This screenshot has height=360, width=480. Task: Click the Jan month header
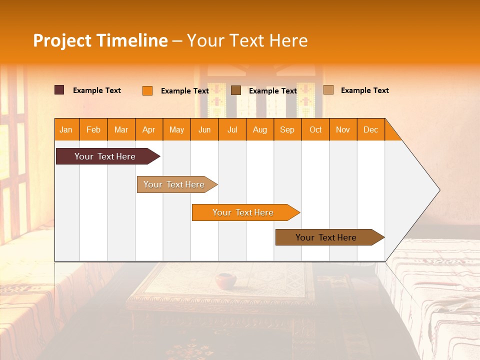click(x=66, y=129)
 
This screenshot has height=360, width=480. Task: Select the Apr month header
click(x=149, y=129)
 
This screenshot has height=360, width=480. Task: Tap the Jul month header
click(x=232, y=129)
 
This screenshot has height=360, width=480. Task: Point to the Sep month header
click(x=287, y=129)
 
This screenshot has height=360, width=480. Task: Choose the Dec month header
click(x=370, y=129)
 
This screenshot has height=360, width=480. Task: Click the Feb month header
click(x=93, y=129)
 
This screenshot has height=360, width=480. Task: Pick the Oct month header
click(x=315, y=129)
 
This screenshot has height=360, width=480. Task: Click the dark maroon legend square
click(x=59, y=90)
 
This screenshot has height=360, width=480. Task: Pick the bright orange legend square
click(x=147, y=90)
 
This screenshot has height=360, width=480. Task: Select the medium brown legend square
click(x=236, y=90)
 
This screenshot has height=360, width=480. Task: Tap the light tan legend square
click(x=328, y=90)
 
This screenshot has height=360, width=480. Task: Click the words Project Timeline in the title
click(x=100, y=40)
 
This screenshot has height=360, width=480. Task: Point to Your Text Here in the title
click(x=247, y=40)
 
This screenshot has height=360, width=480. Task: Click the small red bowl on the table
click(x=225, y=280)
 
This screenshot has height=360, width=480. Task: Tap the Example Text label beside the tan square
click(x=364, y=90)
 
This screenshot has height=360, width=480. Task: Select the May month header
click(x=176, y=129)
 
